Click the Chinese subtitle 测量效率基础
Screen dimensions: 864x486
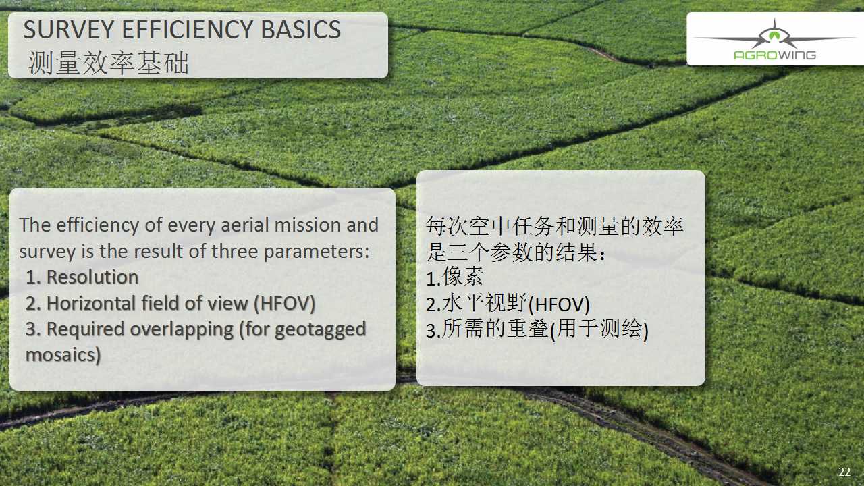[x=109, y=63]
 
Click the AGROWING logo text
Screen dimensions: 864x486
[x=775, y=55]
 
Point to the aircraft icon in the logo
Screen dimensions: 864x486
[x=774, y=34]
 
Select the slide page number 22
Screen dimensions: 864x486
[x=844, y=472]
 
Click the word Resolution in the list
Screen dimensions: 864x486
[x=92, y=277]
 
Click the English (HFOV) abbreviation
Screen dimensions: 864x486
[x=285, y=304]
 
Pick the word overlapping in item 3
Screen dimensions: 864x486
[x=182, y=330]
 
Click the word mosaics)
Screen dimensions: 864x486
[x=63, y=355]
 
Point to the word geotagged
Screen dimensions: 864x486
[x=321, y=330]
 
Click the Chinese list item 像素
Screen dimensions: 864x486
[x=463, y=276]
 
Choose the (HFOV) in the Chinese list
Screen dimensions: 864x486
[x=559, y=304]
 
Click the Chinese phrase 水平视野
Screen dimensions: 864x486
[x=485, y=303]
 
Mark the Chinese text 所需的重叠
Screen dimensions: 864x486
[x=495, y=329]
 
